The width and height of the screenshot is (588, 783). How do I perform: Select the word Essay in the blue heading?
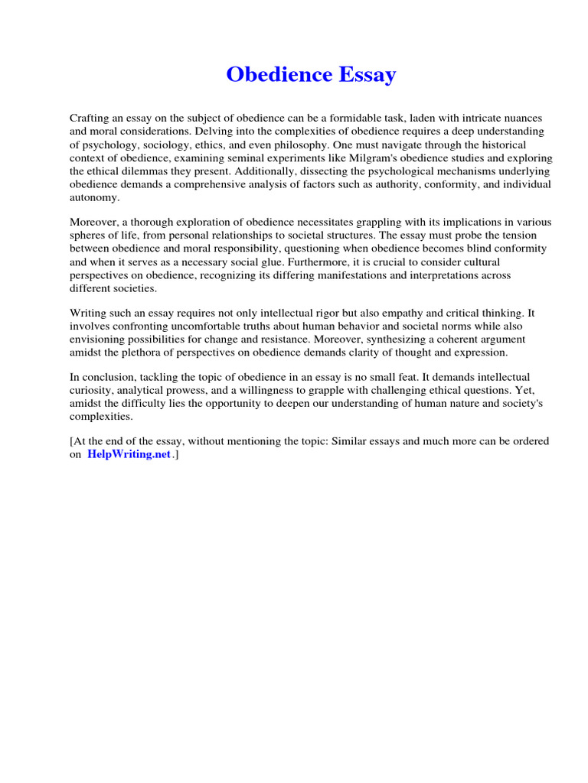point(367,75)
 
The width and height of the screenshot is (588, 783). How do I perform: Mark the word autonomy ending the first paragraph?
point(94,197)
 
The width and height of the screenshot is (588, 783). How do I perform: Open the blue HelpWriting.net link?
point(129,455)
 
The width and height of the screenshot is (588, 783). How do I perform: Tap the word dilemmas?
point(132,171)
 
